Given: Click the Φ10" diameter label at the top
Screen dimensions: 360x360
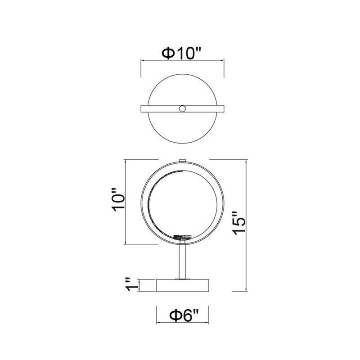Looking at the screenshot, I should (x=181, y=54).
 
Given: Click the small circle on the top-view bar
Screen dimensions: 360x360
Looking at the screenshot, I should (x=183, y=108).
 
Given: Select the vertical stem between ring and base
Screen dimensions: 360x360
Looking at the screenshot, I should (x=183, y=261).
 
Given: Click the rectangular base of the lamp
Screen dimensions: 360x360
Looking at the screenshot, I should (x=183, y=285).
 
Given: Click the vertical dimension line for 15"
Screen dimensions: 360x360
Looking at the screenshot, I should (x=247, y=225).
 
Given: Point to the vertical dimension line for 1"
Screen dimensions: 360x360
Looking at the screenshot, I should (x=140, y=285).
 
